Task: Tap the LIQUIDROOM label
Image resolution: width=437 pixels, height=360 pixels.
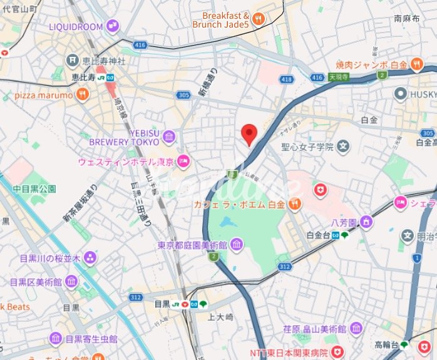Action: point(76,26)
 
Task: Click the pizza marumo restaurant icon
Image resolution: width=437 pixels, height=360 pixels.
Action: point(81,94)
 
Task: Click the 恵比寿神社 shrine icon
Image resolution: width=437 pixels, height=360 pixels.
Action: point(72,61)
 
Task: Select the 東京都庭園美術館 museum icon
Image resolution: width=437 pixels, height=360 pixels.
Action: point(237,244)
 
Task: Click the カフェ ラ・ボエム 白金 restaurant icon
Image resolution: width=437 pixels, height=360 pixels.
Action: point(295,203)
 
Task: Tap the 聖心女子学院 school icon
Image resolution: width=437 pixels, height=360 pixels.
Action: point(342,147)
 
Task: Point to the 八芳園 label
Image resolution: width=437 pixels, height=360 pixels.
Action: point(344,222)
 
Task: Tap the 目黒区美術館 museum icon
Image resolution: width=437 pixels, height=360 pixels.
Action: point(71,282)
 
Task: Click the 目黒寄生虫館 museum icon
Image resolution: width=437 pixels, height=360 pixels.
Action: point(55,339)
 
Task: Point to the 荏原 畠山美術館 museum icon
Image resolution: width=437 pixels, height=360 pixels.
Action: point(356,328)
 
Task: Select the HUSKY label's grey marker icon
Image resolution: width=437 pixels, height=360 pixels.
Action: point(401,93)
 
